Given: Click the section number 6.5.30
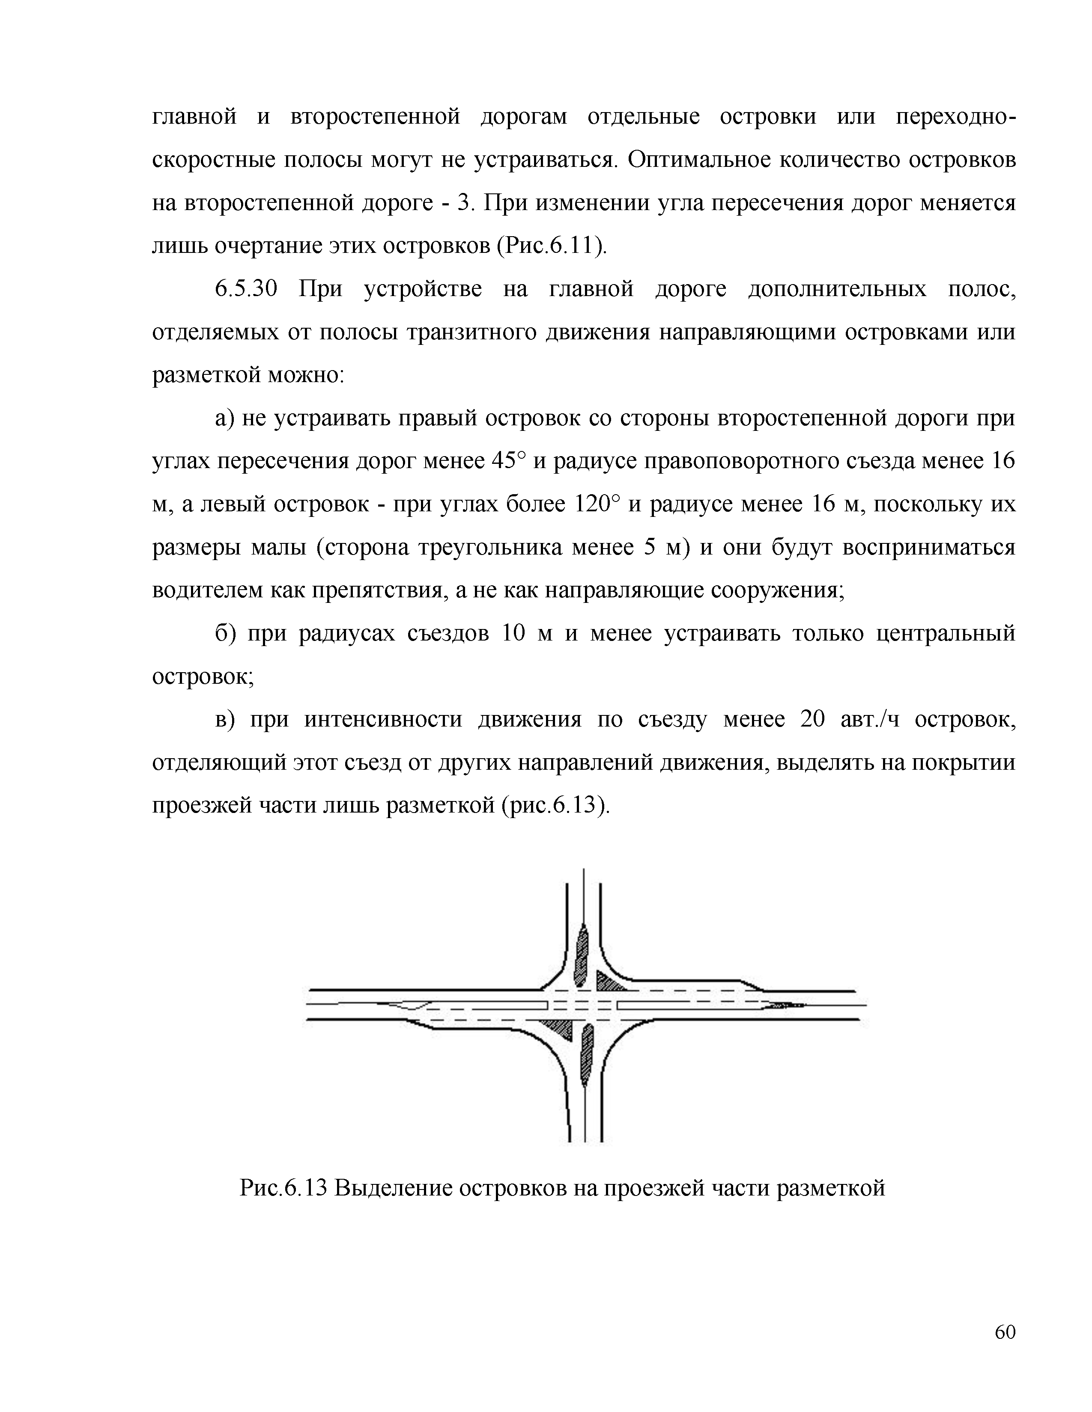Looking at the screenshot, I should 246,289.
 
